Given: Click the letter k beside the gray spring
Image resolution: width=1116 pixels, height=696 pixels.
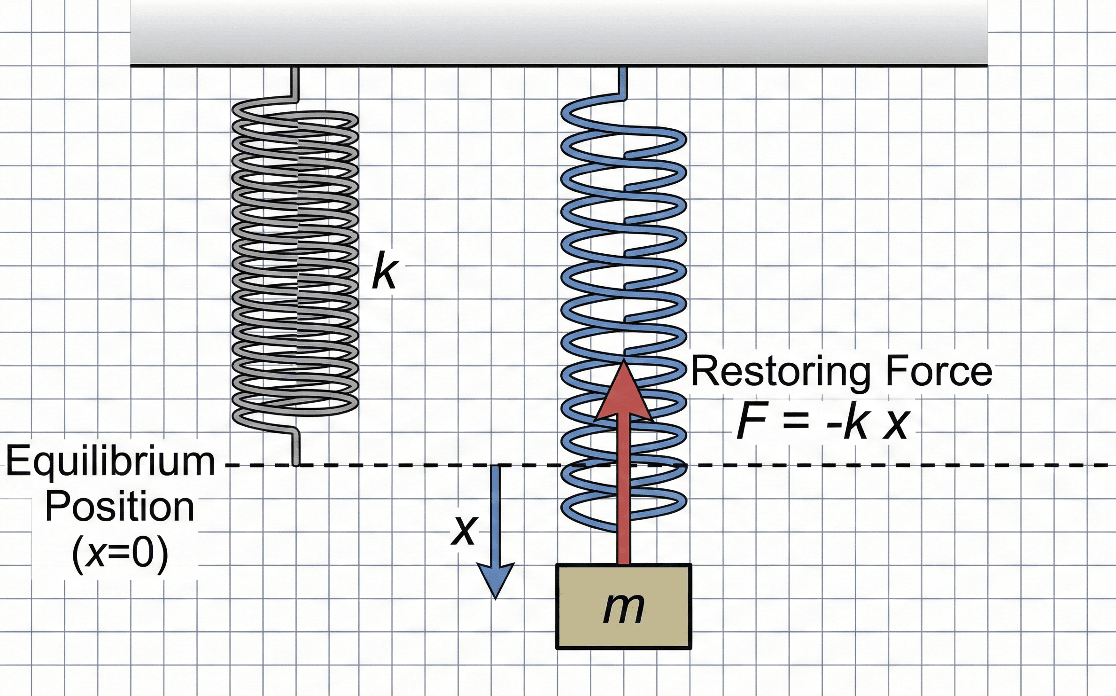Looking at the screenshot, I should click(385, 271).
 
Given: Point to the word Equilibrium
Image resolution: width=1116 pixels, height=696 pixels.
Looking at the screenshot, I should click(110, 462).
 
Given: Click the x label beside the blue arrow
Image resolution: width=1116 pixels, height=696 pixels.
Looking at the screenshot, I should click(464, 530).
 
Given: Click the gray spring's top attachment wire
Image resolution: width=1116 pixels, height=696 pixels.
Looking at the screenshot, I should click(295, 83).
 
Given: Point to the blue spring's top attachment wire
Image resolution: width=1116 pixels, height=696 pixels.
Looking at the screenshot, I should click(623, 83).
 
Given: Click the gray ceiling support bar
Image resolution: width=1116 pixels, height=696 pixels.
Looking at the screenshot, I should click(559, 33).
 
